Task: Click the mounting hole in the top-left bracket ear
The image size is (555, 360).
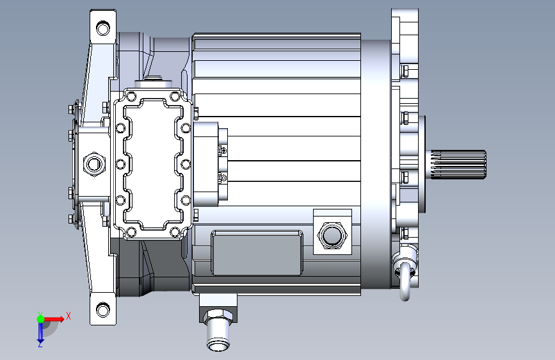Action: coord(103,28)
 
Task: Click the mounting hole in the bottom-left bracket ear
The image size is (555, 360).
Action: coord(103,309)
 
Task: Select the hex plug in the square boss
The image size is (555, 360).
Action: coord(332,235)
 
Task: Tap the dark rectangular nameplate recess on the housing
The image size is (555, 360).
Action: coord(257,252)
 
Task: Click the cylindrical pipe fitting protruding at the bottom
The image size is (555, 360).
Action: coord(219,329)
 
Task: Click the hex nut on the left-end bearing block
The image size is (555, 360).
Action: coord(94,164)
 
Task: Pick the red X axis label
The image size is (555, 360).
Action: coord(68,316)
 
